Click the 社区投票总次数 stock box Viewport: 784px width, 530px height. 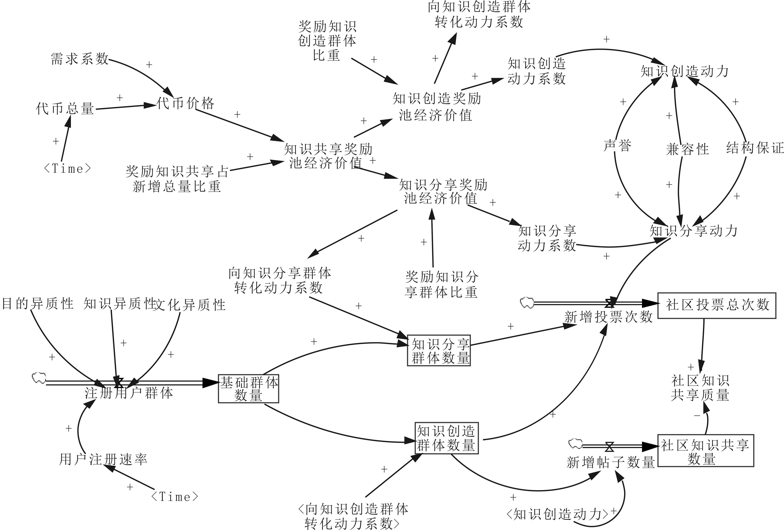(x=717, y=305)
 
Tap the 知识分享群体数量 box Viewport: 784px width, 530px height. (x=439, y=351)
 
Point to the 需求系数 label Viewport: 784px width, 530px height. (x=80, y=59)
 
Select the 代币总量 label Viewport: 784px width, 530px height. (x=65, y=109)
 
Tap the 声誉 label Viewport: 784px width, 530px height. (x=617, y=146)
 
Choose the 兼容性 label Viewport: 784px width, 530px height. (x=687, y=149)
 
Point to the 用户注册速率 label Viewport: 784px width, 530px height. (x=103, y=459)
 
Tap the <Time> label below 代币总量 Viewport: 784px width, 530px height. (x=67, y=168)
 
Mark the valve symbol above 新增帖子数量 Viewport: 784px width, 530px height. (x=609, y=447)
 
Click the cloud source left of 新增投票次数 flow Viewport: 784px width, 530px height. (x=527, y=302)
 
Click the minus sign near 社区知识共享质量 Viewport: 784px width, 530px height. (x=697, y=416)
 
